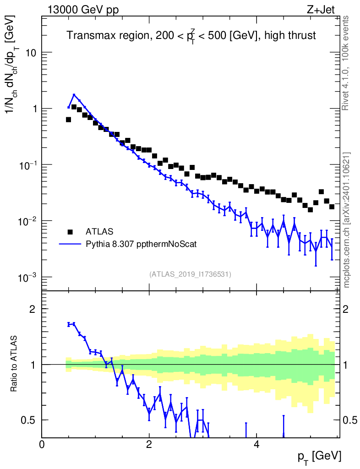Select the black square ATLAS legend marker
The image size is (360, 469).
pos(70,231)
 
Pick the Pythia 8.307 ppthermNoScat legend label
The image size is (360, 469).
pos(141,244)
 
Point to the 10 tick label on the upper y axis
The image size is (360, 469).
pos(31,53)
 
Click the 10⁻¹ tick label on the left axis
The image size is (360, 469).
pos(28,164)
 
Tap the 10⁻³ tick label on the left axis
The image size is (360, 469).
pos(28,277)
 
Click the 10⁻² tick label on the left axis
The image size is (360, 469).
pos(28,221)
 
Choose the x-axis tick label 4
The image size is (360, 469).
pos(256,444)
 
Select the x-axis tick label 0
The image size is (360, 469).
pos(42,444)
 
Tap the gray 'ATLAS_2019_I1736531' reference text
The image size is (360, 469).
pos(190,274)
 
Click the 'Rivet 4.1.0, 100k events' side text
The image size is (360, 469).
pos(346,63)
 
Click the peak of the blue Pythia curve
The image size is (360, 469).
pos(74,95)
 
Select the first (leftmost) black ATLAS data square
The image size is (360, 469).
pos(68,120)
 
